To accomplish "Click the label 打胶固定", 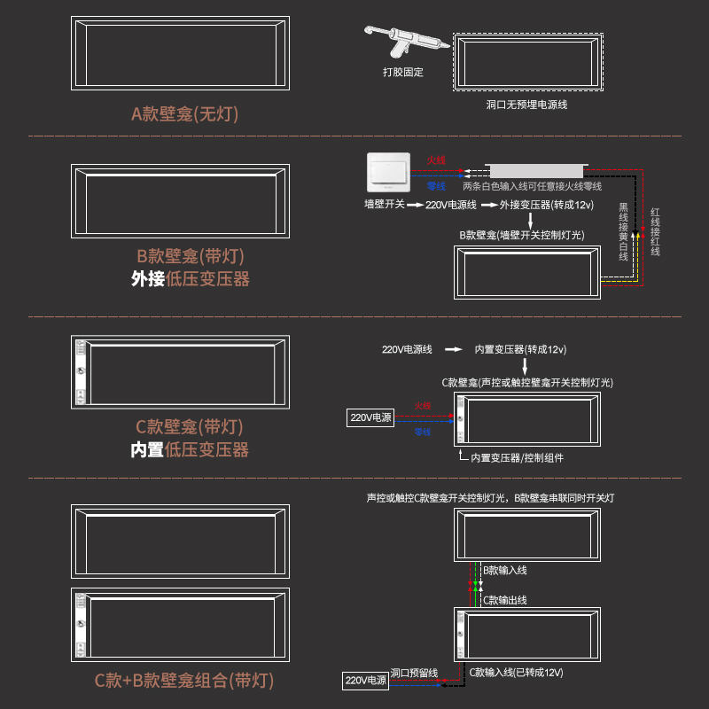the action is (403, 73).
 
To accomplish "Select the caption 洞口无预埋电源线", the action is (526, 105).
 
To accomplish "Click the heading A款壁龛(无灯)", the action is (184, 114).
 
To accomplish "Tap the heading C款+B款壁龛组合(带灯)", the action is (184, 681).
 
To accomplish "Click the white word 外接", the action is (148, 279).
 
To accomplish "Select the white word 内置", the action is (148, 449).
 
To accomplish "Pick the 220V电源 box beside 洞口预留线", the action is (365, 681).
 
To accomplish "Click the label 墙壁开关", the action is (385, 205).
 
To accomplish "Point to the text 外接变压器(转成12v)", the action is (547, 205).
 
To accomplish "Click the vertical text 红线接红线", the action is (655, 231).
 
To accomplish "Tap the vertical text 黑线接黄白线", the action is (624, 232).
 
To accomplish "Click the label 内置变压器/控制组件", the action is (517, 458).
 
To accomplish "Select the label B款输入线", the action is (504, 570).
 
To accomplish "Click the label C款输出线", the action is (504, 600).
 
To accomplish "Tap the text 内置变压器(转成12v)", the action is (520, 350).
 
